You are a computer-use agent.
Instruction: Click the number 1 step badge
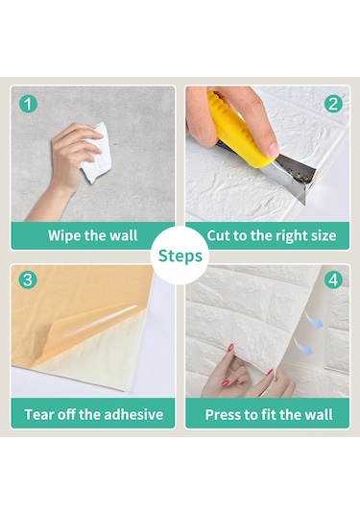pyautogui.click(x=28, y=104)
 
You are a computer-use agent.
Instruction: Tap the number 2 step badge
pyautogui.click(x=333, y=104)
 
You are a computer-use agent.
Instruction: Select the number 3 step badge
pyautogui.click(x=28, y=280)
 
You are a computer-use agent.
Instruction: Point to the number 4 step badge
pyautogui.click(x=333, y=280)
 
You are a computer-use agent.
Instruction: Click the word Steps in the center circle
pyautogui.click(x=180, y=256)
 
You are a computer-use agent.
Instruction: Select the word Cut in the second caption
pyautogui.click(x=219, y=235)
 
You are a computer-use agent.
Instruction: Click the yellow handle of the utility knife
pyautogui.click(x=237, y=132)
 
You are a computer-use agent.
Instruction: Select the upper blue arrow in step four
pyautogui.click(x=314, y=320)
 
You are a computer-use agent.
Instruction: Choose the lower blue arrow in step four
pyautogui.click(x=303, y=347)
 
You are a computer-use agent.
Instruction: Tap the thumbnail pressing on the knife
pyautogui.click(x=274, y=149)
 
